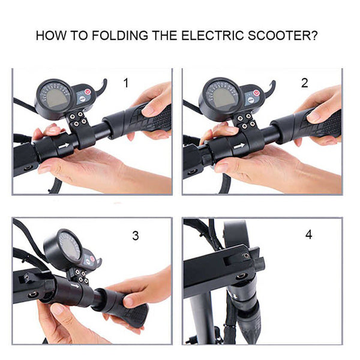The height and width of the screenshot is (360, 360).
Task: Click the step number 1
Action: click(125, 83)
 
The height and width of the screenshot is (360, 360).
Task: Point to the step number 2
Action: click(304, 83)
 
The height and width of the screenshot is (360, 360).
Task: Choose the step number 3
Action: click(135, 236)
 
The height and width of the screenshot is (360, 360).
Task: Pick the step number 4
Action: click(308, 235)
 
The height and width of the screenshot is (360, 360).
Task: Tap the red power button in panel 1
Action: click(88, 94)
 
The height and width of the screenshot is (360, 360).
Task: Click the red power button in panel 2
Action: click(256, 94)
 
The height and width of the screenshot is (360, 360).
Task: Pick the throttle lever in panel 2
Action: click(271, 89)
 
